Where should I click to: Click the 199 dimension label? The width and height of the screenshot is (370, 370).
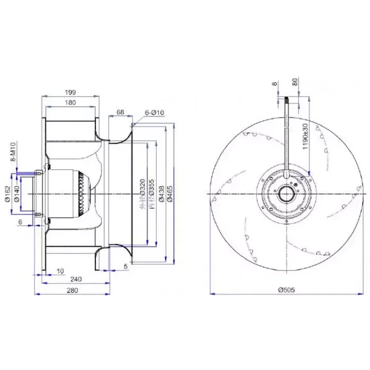pos(71,92)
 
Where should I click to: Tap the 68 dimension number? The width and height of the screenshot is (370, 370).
pos(120,112)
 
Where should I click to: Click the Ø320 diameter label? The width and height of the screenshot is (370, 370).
pos(143,194)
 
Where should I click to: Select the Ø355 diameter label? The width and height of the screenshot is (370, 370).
pos(152,194)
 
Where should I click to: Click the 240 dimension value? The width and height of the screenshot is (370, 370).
pos(76,279)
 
